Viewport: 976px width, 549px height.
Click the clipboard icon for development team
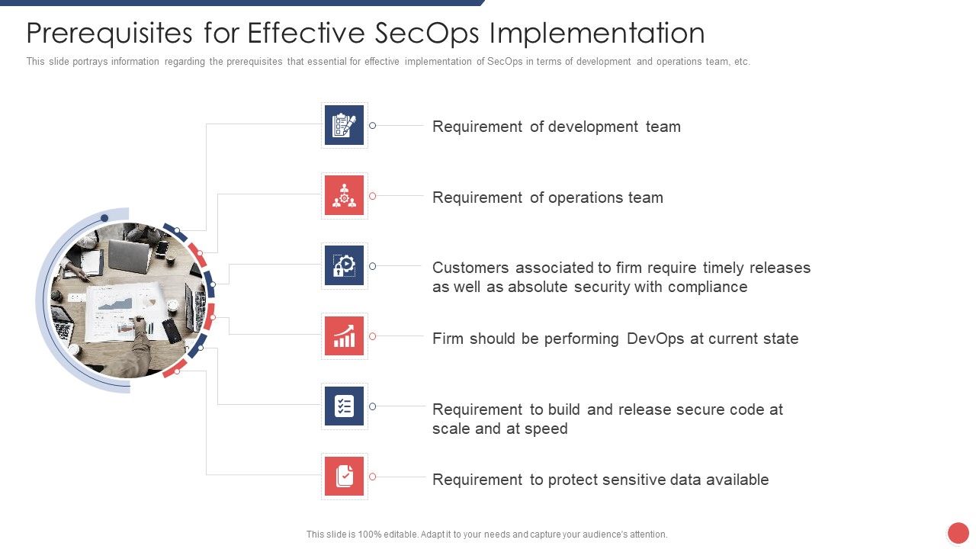point(344,125)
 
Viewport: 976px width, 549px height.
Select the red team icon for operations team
point(344,196)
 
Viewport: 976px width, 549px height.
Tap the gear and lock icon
point(344,265)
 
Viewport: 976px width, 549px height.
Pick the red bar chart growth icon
point(344,336)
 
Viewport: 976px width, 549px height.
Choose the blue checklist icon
point(344,406)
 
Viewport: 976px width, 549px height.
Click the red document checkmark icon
point(344,477)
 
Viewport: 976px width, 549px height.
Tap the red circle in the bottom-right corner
point(958,533)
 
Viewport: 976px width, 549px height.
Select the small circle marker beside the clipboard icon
point(373,125)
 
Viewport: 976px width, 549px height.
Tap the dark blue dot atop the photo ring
point(104,218)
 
